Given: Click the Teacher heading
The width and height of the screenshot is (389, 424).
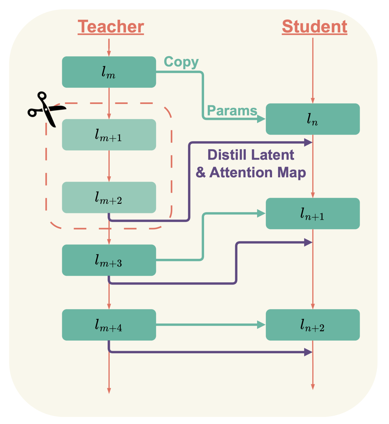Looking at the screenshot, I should [x=111, y=27].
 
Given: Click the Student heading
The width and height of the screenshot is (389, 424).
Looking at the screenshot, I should [x=314, y=27].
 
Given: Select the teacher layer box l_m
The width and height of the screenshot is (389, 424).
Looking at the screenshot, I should [x=109, y=72].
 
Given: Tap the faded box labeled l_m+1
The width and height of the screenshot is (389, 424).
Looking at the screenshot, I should [x=109, y=135].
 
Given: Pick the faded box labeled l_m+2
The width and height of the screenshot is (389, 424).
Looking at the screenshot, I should [x=109, y=197].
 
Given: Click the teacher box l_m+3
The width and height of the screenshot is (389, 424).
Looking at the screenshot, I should [x=109, y=260].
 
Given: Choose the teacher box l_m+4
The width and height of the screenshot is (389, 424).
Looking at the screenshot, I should [x=109, y=325].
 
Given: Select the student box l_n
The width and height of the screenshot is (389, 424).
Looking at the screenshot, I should [x=313, y=119].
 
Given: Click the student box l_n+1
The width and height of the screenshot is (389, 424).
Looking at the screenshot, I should [x=313, y=213].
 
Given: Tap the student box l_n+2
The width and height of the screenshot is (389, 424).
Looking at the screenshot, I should [x=313, y=325].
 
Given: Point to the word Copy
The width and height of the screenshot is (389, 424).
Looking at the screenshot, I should [x=181, y=62].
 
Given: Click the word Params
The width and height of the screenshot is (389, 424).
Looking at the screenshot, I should [x=232, y=111].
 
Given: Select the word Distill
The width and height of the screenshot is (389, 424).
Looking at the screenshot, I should [x=227, y=155].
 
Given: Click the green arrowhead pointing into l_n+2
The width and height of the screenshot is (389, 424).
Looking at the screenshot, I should [x=261, y=325].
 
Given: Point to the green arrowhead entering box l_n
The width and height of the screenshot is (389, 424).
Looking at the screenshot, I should [x=261, y=119].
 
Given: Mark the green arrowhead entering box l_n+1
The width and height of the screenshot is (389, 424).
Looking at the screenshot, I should [x=261, y=213].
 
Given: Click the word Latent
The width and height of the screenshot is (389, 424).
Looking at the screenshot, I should [x=272, y=155].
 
